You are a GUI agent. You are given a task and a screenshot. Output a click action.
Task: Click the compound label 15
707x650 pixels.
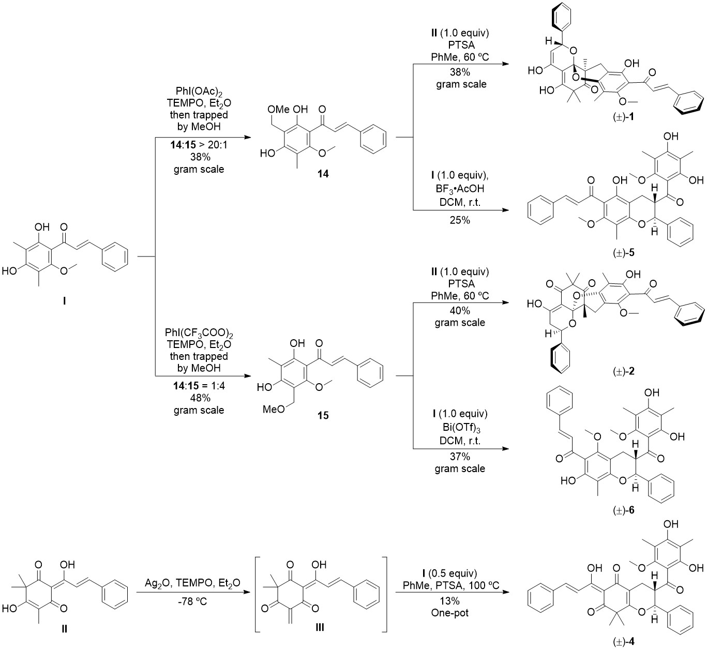tap(323, 415)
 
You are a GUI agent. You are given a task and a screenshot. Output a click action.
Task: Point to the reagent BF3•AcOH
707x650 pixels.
tap(460, 190)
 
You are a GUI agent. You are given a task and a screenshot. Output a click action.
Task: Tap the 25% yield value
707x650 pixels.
tap(460, 220)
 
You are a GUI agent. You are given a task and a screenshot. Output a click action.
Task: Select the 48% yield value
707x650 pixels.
tap(199, 398)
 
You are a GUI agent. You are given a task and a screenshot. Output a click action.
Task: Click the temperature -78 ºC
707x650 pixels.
tap(192, 602)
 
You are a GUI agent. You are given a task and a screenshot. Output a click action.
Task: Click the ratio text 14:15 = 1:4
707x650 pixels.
tap(199, 386)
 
